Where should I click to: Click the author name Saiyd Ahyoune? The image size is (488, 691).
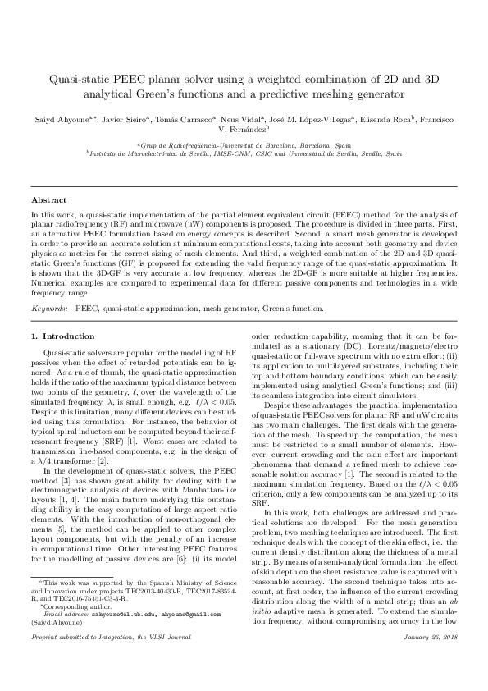(59, 120)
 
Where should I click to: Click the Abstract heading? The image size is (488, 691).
(48, 199)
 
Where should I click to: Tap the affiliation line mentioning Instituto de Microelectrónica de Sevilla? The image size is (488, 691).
(244, 153)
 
